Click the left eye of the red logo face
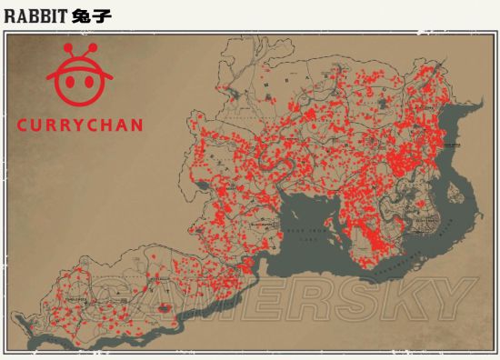68,81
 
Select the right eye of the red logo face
89,81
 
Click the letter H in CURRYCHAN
105,125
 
